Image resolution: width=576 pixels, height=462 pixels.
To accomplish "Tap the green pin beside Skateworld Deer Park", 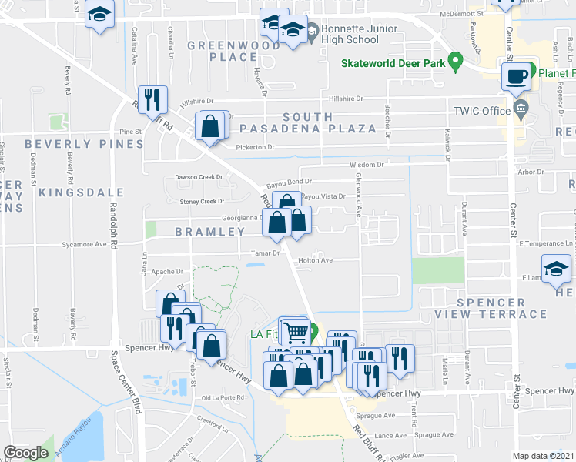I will (x=455, y=59).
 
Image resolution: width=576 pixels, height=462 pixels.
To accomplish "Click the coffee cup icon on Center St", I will (x=514, y=77).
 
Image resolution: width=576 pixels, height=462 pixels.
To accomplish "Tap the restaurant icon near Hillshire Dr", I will (x=152, y=98).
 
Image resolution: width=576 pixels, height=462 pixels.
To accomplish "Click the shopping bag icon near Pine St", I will (x=210, y=125).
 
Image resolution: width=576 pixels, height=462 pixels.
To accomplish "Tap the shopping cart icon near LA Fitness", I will (x=296, y=332).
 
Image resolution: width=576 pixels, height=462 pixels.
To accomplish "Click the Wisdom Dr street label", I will (x=366, y=164).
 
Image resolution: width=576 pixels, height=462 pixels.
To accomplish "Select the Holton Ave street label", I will (x=315, y=260).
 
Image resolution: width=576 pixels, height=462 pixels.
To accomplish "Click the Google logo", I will (x=25, y=453).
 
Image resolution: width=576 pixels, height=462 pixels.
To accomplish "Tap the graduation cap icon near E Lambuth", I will (x=557, y=270).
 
